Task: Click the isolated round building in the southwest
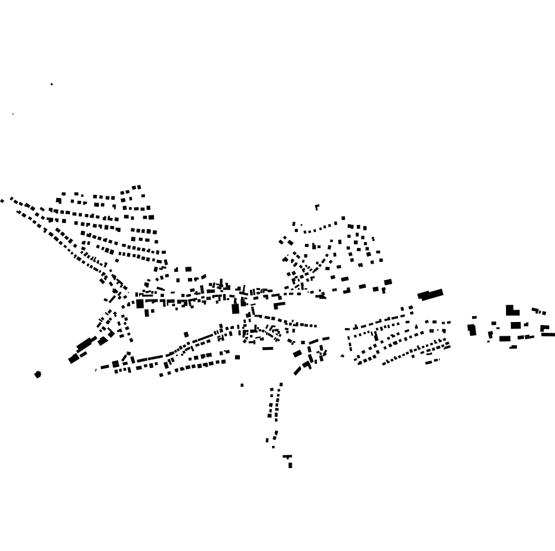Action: click(38, 374)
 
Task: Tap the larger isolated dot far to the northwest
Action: click(52, 84)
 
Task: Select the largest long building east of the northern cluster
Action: click(430, 294)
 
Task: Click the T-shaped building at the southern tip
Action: click(288, 457)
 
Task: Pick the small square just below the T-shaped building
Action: click(291, 466)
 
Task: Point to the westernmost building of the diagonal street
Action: click(2, 201)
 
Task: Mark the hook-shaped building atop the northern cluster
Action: click(317, 207)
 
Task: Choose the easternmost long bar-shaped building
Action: click(548, 335)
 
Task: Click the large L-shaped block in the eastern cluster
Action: click(511, 311)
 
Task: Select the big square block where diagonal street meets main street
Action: click(140, 304)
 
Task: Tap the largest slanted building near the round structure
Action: click(84, 345)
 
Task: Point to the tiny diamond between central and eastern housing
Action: click(342, 356)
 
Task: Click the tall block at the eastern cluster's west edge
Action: click(472, 329)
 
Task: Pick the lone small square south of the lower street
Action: click(242, 385)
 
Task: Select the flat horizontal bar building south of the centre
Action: click(268, 348)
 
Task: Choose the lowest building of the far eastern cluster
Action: click(513, 347)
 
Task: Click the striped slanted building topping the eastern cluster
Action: click(539, 311)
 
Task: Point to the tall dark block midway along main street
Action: click(235, 308)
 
